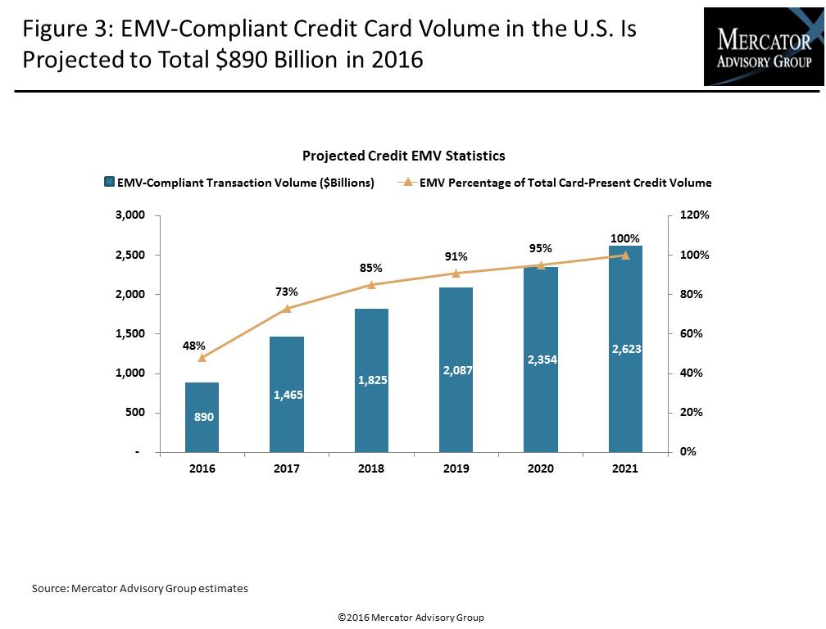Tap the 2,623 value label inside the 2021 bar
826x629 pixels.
pos(626,349)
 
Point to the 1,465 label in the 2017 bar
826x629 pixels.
pos(287,396)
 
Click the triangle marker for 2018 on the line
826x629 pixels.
pos(371,285)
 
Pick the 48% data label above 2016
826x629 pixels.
pos(194,346)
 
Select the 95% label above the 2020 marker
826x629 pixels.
pos(541,249)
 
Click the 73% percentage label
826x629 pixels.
pos(287,292)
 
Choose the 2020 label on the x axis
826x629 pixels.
pos(541,469)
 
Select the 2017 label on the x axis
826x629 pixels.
pos(287,469)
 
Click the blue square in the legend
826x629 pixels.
pos(109,183)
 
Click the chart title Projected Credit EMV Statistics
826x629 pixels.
pos(403,156)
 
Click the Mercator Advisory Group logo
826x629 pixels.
pos(764,47)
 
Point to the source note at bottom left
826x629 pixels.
pos(139,588)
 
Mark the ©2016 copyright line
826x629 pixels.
pos(411,618)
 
